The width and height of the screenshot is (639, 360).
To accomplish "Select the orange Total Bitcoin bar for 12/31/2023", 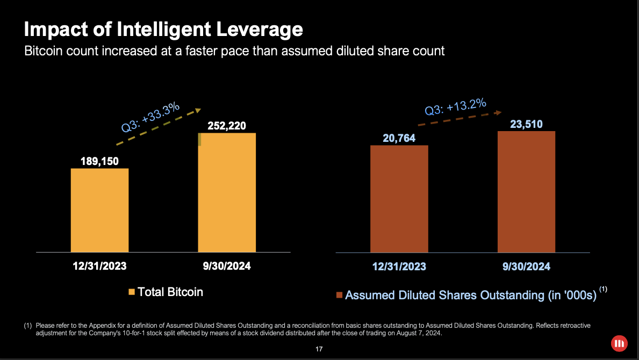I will pos(99,210).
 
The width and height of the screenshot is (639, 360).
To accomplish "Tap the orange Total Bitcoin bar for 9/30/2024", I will pos(227,192).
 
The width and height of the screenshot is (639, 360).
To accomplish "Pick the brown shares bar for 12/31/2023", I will pos(399,199).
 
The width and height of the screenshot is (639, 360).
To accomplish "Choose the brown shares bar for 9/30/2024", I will pos(526,191).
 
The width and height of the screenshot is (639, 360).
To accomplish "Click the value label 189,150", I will pos(99,161).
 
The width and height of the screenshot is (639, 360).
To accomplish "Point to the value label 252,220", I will pos(227,126).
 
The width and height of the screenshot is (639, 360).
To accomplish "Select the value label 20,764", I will pos(399,139).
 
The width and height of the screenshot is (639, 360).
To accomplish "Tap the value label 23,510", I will pos(526,125).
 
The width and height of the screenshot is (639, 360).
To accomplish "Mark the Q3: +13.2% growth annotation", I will pos(455,106).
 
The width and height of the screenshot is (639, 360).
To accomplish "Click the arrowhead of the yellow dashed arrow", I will pos(198,111).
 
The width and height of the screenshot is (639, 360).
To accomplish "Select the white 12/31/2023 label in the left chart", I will pos(99,265).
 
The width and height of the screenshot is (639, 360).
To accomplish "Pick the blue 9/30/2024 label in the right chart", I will pos(526,267).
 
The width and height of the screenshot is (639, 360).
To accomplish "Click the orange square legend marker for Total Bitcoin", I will pos(132,292).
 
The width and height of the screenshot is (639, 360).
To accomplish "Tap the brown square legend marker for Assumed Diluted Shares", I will pos(339,295).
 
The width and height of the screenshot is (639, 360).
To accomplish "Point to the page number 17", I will pos(319,349).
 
